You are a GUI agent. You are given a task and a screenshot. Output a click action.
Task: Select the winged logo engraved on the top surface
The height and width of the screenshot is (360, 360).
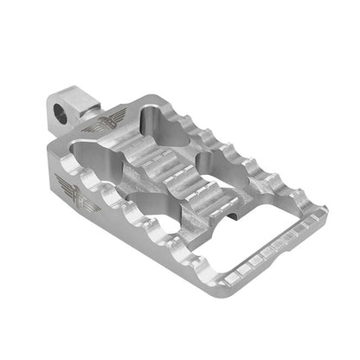116,112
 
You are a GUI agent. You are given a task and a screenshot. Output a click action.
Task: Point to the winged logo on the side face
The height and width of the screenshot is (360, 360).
67,183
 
